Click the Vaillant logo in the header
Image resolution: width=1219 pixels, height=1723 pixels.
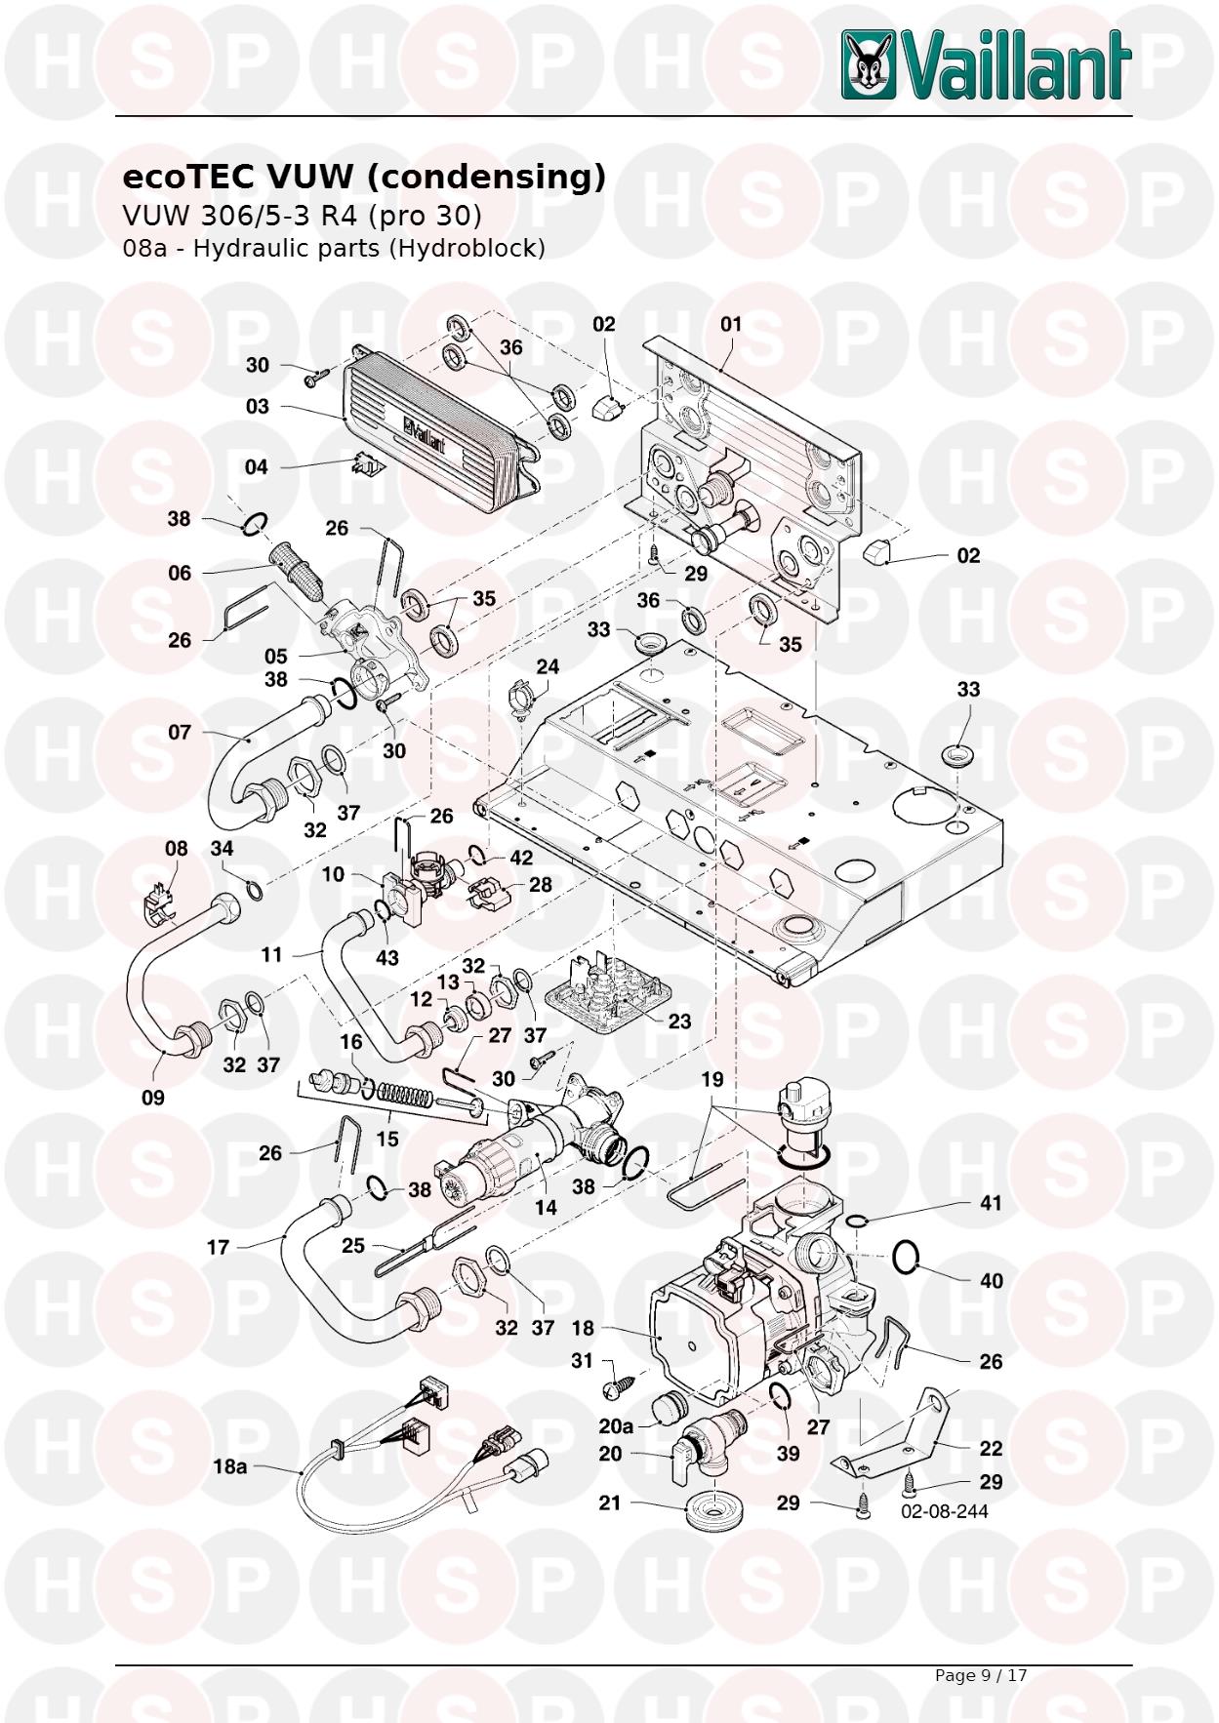point(986,64)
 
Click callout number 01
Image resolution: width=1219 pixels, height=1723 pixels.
point(731,324)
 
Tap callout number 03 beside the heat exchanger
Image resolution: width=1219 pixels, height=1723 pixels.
point(257,406)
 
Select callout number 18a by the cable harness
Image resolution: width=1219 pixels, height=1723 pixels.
point(229,1466)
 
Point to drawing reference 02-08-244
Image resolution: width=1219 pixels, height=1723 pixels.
point(944,1511)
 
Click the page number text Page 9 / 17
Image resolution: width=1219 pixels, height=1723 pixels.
point(980,1675)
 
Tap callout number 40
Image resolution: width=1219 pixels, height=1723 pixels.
point(991,1280)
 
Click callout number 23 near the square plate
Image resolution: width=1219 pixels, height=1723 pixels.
point(679,1021)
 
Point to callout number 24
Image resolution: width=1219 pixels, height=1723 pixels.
point(548,667)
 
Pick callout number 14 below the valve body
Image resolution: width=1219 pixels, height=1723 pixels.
point(546,1207)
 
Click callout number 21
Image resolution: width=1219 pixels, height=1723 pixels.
point(610,1503)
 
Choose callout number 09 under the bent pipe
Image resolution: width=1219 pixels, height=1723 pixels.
point(153,1098)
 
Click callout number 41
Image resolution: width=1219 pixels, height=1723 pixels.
point(991,1203)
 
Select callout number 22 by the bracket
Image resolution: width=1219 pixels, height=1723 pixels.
point(991,1449)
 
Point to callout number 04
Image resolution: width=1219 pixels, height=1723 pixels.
point(256,467)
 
